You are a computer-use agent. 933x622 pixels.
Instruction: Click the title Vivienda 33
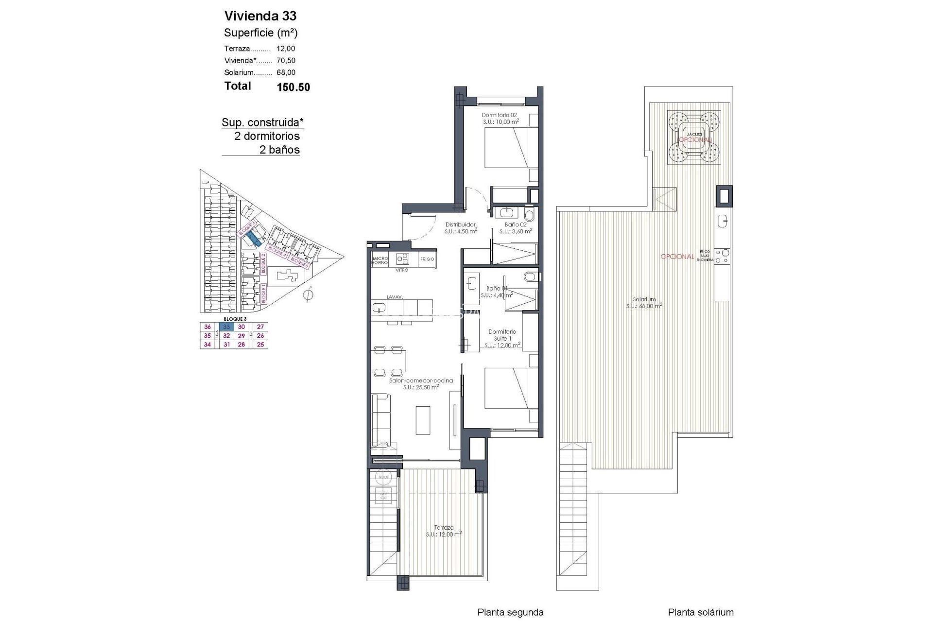(x=260, y=16)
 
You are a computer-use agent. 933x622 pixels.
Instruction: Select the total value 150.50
(x=293, y=87)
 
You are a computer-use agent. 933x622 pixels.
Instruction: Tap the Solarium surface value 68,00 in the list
(x=286, y=72)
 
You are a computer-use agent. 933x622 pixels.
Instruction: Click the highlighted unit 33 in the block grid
(x=226, y=327)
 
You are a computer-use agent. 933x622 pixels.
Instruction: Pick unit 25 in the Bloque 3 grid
(x=260, y=345)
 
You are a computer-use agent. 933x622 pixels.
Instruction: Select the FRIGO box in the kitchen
(x=427, y=259)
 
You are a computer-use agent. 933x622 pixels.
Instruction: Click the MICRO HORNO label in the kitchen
(x=380, y=260)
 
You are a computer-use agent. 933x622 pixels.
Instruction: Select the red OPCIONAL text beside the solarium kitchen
(x=677, y=257)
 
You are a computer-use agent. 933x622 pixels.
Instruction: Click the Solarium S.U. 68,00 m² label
(x=644, y=303)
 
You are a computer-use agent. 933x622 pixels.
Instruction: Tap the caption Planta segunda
(x=510, y=613)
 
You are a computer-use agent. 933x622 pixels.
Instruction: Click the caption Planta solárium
(x=700, y=613)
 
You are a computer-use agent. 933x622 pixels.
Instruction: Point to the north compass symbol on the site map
(x=308, y=294)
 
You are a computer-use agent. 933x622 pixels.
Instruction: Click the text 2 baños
(x=279, y=150)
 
